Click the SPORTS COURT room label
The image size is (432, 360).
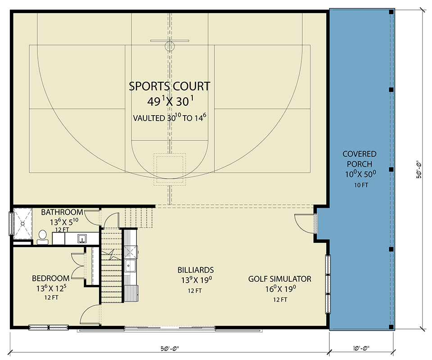click(x=169, y=86)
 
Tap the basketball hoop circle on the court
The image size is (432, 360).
click(x=170, y=46)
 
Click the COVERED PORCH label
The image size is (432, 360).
click(x=359, y=159)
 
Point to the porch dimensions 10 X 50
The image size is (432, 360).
click(x=359, y=174)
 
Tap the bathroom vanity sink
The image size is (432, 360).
click(x=83, y=238)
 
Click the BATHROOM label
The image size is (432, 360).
click(x=62, y=212)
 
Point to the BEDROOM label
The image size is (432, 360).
click(x=50, y=278)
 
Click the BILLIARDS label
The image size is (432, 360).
click(x=195, y=270)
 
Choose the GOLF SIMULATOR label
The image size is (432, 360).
click(x=280, y=279)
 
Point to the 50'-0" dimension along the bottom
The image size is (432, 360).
click(x=169, y=348)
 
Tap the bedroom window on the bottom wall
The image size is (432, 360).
click(x=48, y=327)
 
